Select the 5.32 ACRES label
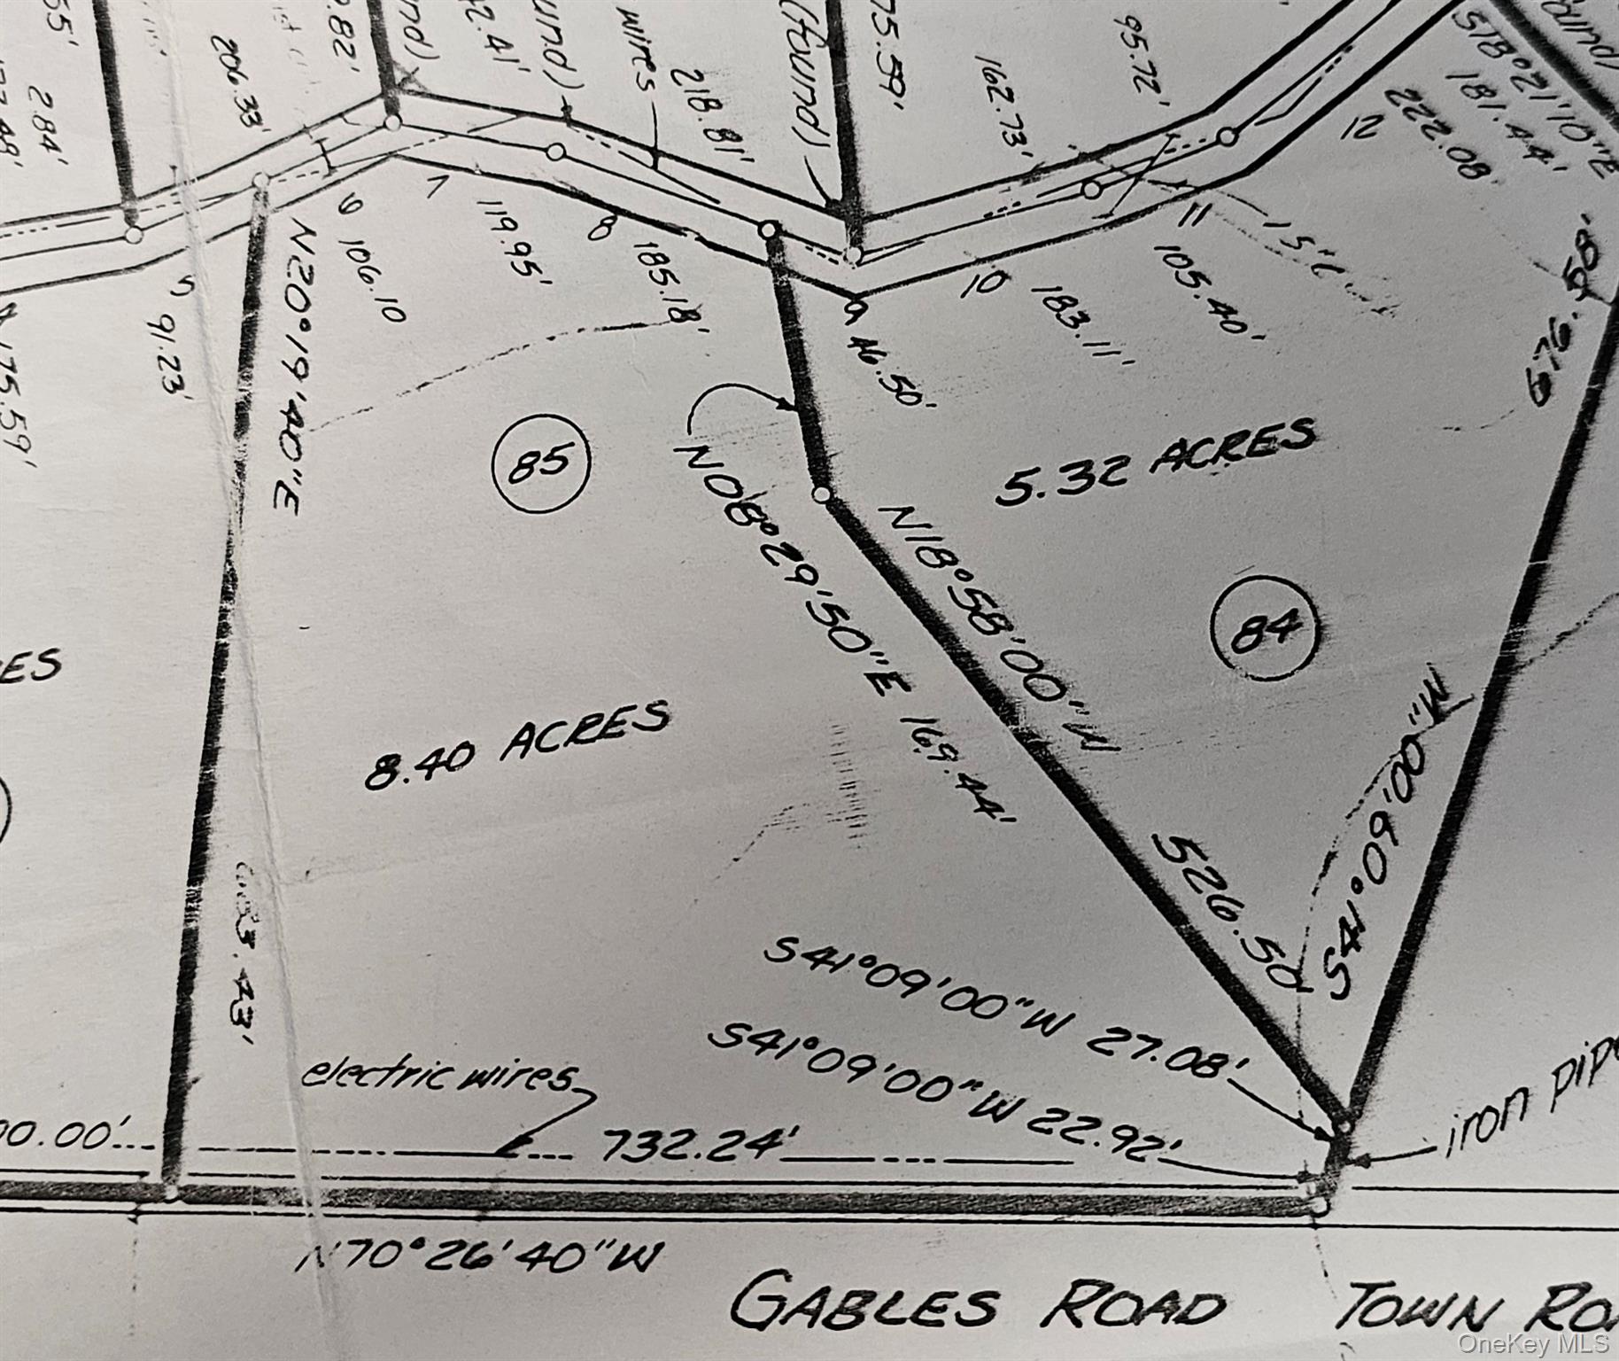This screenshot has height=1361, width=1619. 1154,462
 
